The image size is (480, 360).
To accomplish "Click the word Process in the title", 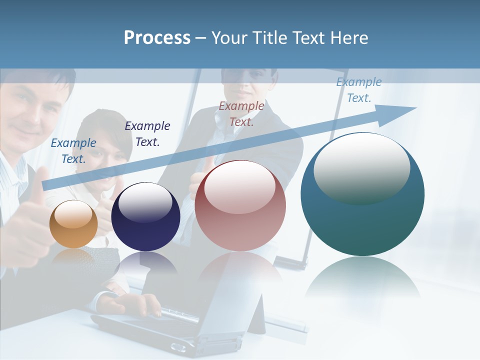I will coord(157,38).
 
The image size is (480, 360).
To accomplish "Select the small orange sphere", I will coord(73,224).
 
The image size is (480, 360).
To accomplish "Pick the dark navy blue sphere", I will coord(145,217).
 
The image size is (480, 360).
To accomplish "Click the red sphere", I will coord(240,206).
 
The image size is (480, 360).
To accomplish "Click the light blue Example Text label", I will coord(73,151).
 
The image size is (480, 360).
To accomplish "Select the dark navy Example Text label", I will coord(147,134).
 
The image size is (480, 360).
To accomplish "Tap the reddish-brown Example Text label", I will coord(241,114).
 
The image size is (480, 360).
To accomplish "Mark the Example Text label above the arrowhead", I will coord(359,90).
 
